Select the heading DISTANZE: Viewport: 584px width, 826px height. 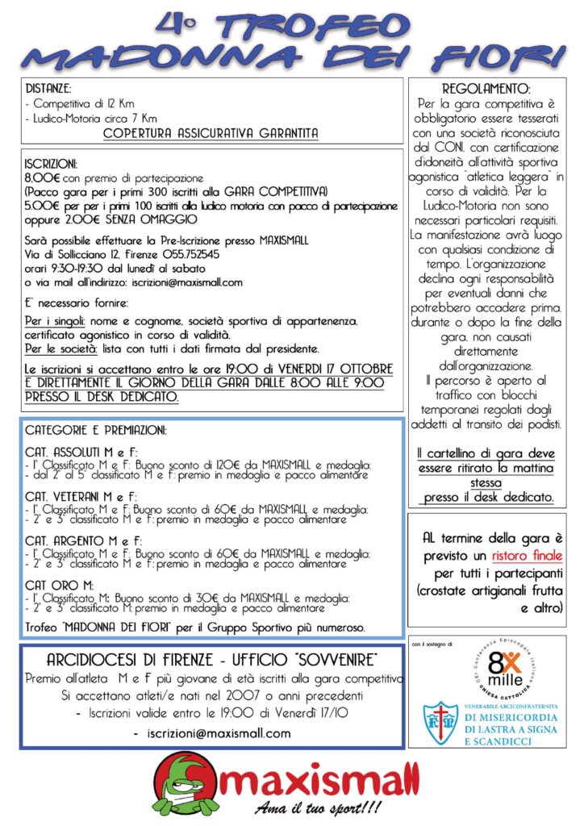[48, 88]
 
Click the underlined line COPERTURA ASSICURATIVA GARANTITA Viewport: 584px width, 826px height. [211, 132]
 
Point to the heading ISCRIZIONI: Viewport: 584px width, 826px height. [51, 162]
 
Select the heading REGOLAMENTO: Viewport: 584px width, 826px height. [486, 88]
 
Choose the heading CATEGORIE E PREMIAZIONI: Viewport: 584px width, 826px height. [96, 431]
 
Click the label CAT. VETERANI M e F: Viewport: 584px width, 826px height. [81, 495]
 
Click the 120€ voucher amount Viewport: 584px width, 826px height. [227, 465]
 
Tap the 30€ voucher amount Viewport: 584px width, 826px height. [215, 598]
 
